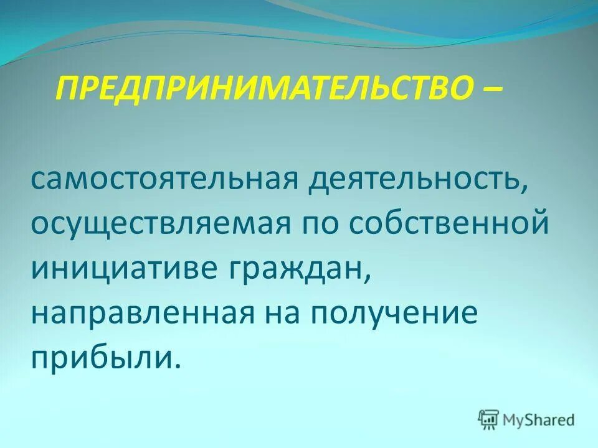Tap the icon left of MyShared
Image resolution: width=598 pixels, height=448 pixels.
488,419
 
